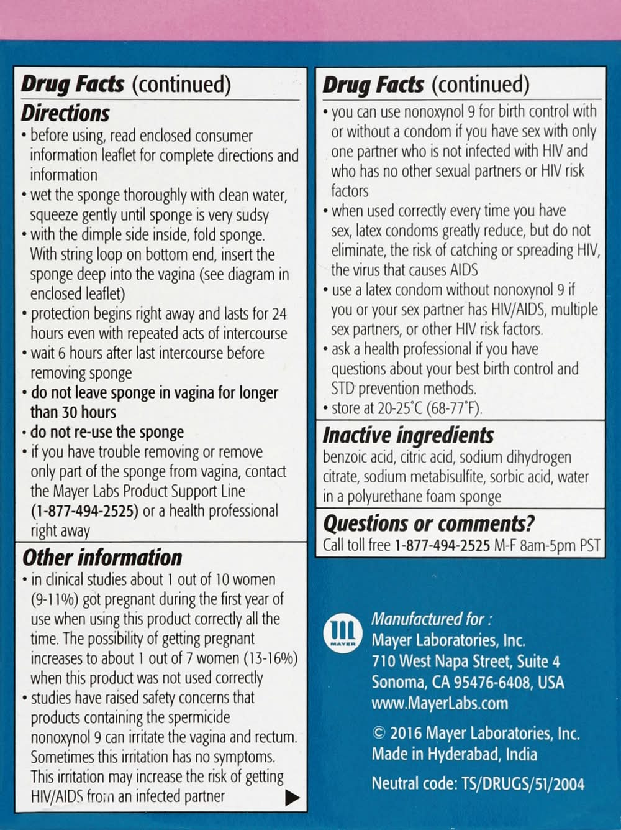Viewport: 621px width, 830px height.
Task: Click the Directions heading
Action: (65, 113)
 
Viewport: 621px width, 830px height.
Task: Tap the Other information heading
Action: (102, 557)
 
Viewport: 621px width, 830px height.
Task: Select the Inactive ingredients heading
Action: (408, 435)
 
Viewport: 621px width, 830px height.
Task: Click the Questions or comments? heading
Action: (428, 523)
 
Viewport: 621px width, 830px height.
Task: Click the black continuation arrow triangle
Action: (292, 798)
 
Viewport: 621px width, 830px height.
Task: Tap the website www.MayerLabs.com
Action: (440, 703)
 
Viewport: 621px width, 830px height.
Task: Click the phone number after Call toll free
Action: (442, 546)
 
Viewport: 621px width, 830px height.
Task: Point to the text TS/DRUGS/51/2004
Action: (524, 783)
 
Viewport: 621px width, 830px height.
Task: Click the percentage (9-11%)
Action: (60, 599)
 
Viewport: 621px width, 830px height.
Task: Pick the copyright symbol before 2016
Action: (378, 733)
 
